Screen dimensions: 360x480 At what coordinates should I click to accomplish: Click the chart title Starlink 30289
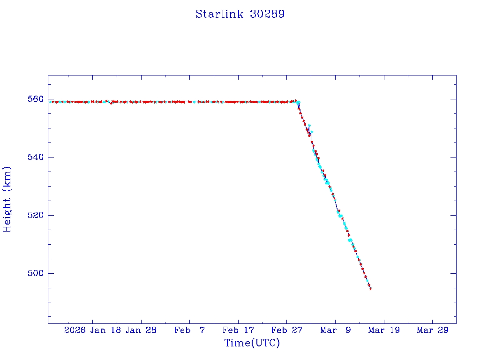point(240,14)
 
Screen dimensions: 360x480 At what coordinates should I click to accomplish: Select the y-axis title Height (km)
point(7,199)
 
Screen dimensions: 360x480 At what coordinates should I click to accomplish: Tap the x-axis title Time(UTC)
point(252,343)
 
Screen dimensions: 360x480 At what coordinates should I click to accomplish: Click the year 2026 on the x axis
point(75,330)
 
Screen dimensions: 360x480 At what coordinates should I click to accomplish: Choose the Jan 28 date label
point(141,330)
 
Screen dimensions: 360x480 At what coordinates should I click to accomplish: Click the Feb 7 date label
point(189,330)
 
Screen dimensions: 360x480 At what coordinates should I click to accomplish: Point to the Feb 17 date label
point(238,330)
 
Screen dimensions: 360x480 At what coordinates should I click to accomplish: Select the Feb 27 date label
point(287,330)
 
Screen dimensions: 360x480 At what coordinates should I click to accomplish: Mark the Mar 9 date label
point(336,330)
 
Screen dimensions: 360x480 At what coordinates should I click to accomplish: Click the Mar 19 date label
point(384,330)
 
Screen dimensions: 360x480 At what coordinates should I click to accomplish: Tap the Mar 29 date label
point(433,330)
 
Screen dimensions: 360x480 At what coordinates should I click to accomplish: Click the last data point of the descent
point(370,289)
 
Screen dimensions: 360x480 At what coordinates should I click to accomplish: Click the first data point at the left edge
point(50,102)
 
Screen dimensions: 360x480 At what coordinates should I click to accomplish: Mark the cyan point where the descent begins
point(298,102)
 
